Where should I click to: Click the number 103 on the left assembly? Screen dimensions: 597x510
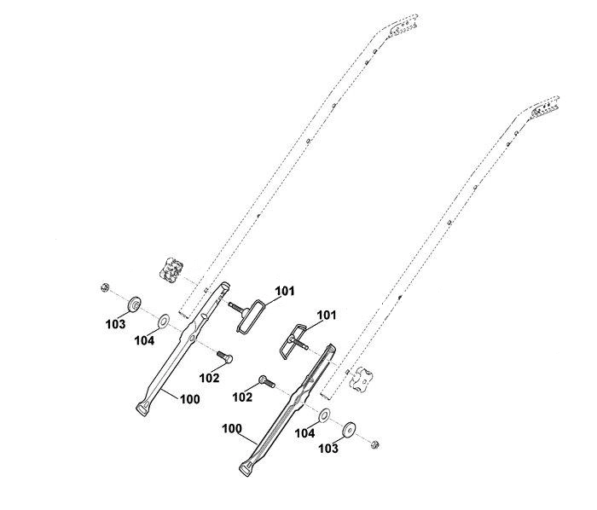(x=115, y=324)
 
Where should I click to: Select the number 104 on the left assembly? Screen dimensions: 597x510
(x=144, y=340)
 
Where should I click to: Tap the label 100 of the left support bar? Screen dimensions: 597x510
(x=189, y=399)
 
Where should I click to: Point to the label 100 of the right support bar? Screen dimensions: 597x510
(x=232, y=428)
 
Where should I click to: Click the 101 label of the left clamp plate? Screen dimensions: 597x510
(x=285, y=291)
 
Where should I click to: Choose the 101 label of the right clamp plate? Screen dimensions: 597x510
(x=327, y=316)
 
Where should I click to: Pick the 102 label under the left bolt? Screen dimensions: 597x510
(x=210, y=378)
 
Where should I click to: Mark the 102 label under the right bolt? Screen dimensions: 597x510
(x=242, y=397)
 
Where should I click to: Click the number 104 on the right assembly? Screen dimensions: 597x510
(x=305, y=433)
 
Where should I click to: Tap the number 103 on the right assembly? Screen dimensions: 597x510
(x=328, y=449)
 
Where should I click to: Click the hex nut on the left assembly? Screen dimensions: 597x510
(x=105, y=287)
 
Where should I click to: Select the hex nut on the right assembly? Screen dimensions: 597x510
(x=374, y=443)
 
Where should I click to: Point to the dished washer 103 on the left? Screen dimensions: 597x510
(x=135, y=304)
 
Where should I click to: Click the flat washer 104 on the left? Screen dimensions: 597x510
(x=164, y=322)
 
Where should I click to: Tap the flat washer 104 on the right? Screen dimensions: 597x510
(x=324, y=415)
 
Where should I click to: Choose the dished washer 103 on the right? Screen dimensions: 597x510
(x=349, y=430)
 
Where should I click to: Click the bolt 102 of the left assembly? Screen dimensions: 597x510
(x=225, y=356)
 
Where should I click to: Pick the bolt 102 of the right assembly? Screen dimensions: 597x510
(x=267, y=382)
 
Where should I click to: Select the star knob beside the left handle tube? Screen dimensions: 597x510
(x=171, y=269)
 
